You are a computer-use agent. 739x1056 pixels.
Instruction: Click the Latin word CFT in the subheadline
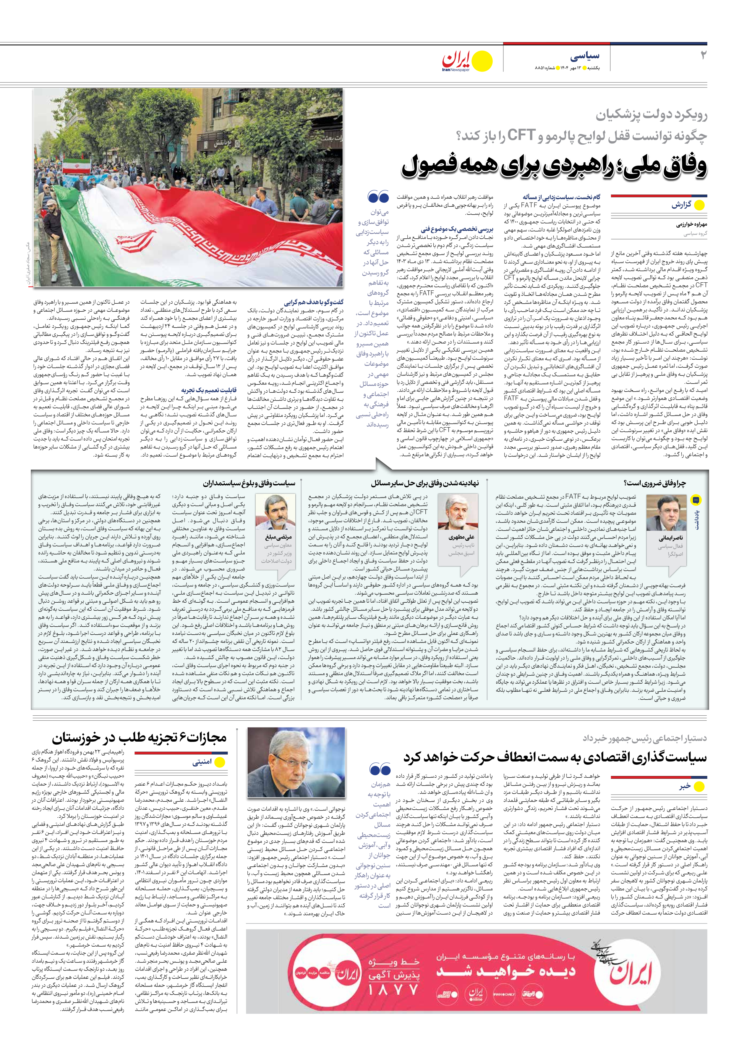coord(520,135)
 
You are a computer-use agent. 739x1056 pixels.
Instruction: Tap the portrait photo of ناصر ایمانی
coord(666,513)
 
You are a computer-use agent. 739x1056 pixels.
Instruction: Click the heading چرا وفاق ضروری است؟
coord(654,483)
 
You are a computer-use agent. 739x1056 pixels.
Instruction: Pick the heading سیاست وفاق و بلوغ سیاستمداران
coord(249,483)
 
